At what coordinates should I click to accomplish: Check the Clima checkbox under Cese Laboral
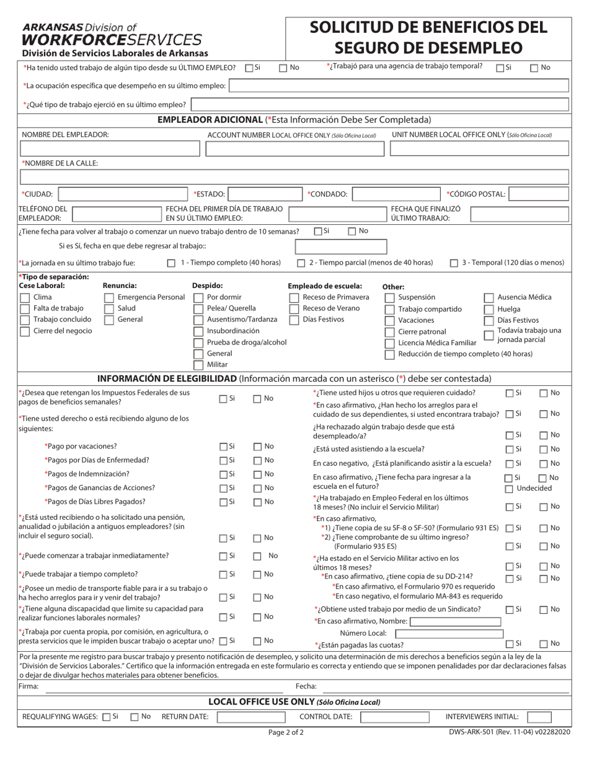(x=25, y=297)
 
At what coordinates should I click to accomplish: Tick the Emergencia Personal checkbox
(x=109, y=297)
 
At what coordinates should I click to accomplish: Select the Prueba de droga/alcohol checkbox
(x=198, y=343)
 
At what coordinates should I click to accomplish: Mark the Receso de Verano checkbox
(x=294, y=309)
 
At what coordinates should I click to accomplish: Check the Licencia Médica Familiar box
(x=389, y=343)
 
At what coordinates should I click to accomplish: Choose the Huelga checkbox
(x=489, y=309)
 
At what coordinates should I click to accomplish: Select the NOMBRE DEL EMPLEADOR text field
(x=109, y=148)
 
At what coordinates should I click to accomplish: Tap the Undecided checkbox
(x=508, y=489)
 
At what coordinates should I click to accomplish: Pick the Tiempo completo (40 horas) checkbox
(x=172, y=263)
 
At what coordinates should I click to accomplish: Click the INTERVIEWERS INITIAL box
(x=538, y=717)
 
